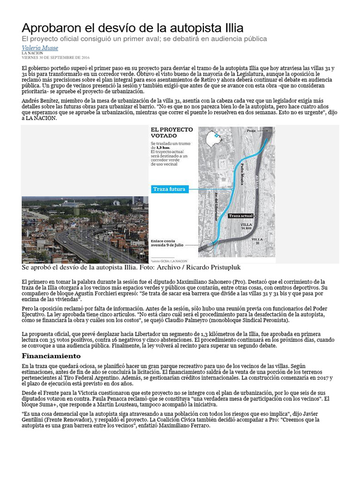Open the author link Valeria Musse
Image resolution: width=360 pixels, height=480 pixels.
point(40,48)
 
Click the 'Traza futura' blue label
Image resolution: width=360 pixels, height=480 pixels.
point(170,189)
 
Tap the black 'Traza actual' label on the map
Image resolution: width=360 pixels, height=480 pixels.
point(241,216)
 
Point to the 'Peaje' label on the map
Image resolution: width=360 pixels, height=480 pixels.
point(252,131)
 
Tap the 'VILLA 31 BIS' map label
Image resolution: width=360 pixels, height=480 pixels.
point(246,227)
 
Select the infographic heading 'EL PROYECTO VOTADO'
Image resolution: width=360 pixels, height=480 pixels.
point(171,133)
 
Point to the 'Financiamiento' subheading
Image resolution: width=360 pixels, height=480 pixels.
point(51,356)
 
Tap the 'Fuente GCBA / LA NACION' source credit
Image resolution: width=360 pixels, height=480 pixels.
point(169,260)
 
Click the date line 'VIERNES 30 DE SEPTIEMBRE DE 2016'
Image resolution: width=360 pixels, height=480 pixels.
point(55,57)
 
